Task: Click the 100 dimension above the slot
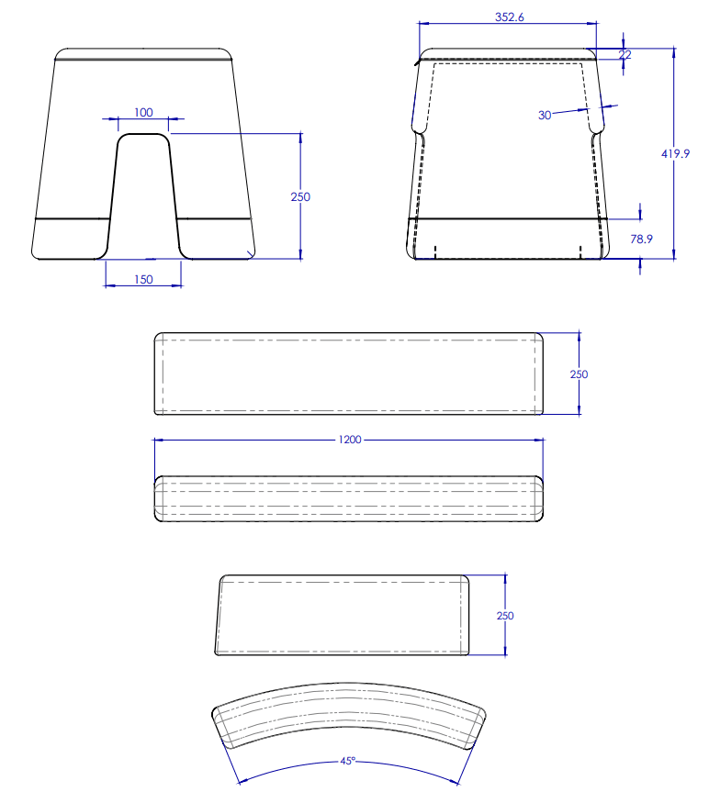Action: point(143,113)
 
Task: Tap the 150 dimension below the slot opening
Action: point(143,279)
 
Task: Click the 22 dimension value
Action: point(625,54)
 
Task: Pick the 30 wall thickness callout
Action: point(545,115)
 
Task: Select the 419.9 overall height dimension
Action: point(676,154)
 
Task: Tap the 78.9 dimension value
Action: point(641,239)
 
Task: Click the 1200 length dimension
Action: point(350,441)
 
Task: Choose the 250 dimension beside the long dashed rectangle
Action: point(580,374)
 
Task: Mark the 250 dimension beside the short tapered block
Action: point(505,616)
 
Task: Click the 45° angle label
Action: point(348,761)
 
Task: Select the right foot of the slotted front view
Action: point(217,240)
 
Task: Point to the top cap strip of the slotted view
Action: point(143,53)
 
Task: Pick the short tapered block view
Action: point(343,616)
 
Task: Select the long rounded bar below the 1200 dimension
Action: point(349,499)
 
